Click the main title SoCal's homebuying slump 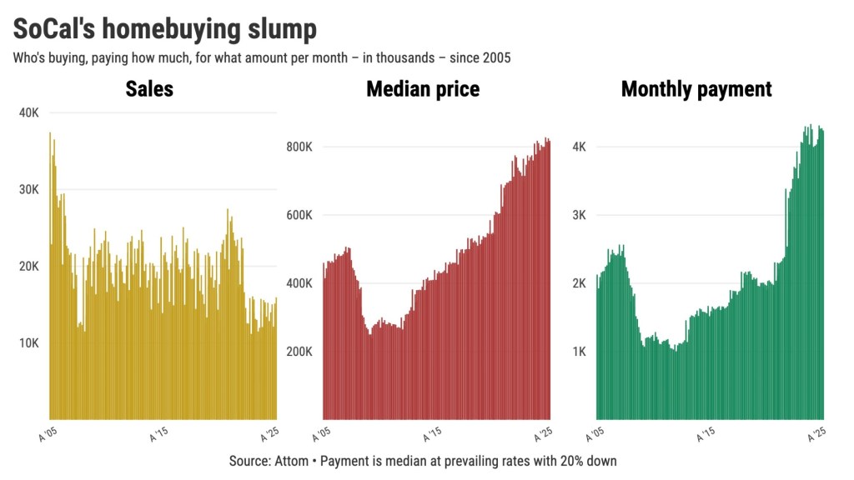(x=165, y=30)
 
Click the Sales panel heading (x=149, y=88)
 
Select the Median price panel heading (x=423, y=88)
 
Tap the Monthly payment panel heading (x=696, y=88)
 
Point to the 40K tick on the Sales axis (x=28, y=112)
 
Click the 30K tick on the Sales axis (x=28, y=189)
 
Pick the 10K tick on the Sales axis (x=28, y=342)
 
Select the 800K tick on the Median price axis (x=299, y=147)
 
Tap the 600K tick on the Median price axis (x=299, y=215)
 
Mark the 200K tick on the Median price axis (x=299, y=352)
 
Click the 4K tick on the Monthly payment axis (x=579, y=147)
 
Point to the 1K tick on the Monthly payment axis (x=579, y=352)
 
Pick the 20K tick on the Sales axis (x=28, y=266)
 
